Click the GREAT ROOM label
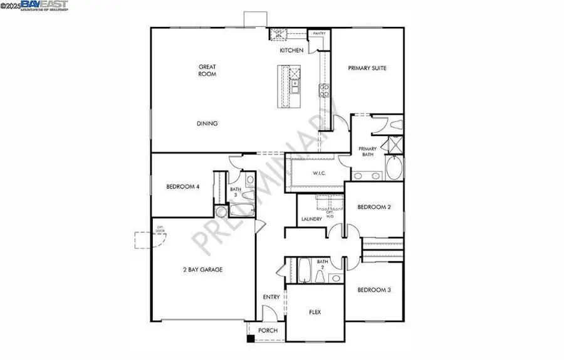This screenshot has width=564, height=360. (x=207, y=70)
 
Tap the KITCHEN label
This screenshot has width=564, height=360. (x=291, y=50)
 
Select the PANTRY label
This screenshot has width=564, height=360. (x=319, y=33)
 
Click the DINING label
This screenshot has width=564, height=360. (x=207, y=124)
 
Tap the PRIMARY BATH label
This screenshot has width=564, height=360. (x=367, y=152)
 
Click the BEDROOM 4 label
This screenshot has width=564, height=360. (x=182, y=186)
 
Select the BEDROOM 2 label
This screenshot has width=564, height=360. (x=373, y=207)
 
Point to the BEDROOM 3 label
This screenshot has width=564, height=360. (x=373, y=290)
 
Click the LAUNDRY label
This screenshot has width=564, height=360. (x=311, y=219)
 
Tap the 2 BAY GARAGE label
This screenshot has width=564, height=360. (x=202, y=270)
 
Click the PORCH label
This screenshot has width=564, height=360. (x=268, y=331)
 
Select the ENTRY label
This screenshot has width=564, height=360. (x=271, y=297)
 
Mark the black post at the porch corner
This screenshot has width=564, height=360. (x=251, y=339)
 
